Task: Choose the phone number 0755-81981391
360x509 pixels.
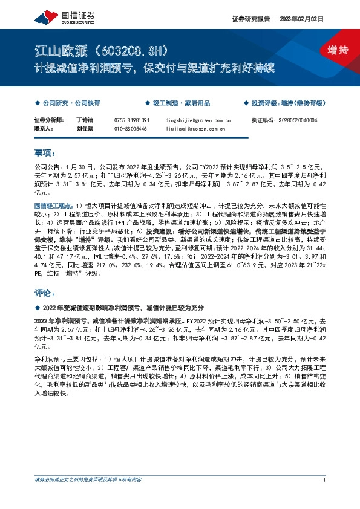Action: click(x=131, y=120)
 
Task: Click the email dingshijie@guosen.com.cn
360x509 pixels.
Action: click(x=197, y=120)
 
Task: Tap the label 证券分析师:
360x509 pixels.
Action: click(x=47, y=120)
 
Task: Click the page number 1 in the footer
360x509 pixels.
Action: click(x=325, y=497)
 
